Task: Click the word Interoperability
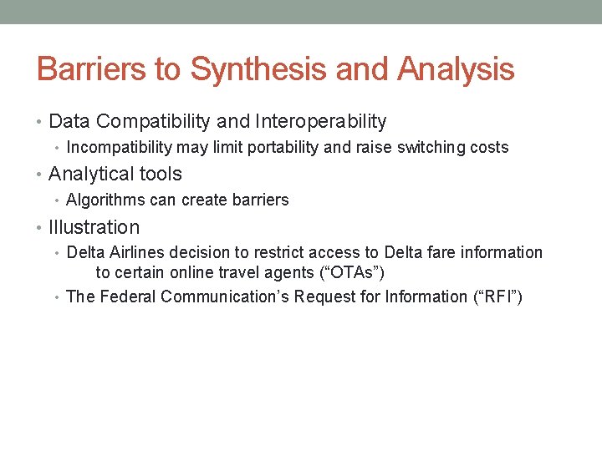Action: pyautogui.click(x=320, y=122)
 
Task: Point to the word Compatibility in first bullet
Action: pyautogui.click(x=153, y=122)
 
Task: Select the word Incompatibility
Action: pyautogui.click(x=119, y=148)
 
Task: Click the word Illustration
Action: pyautogui.click(x=94, y=227)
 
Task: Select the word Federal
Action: pyautogui.click(x=127, y=296)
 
